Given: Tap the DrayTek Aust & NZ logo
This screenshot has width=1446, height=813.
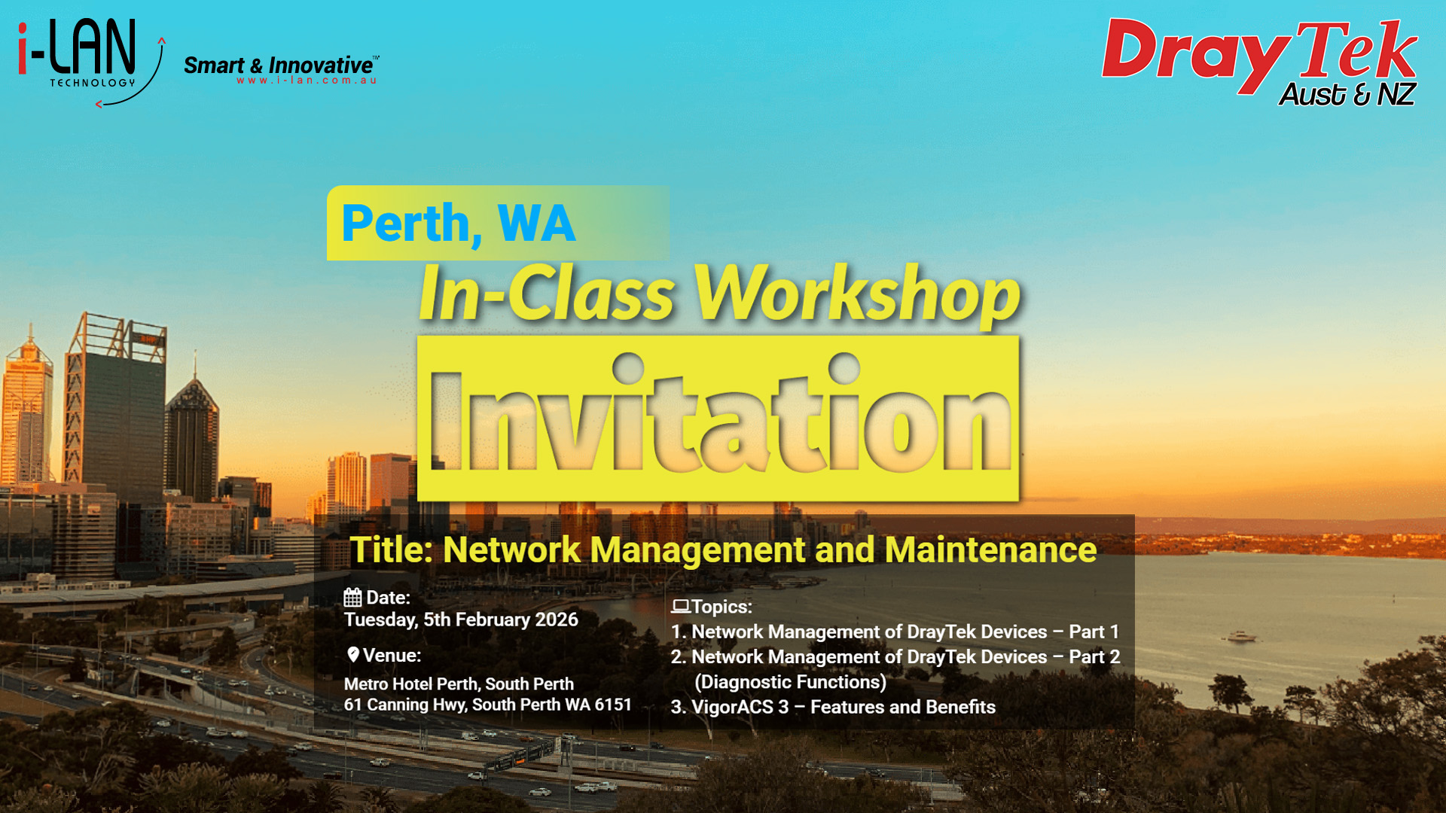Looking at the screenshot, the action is click(1260, 62).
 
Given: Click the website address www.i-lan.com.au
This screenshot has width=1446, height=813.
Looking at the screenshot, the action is click(307, 81).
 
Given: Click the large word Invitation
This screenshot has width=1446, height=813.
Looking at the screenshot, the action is click(721, 413).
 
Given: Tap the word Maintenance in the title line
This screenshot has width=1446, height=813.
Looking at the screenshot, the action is click(990, 550).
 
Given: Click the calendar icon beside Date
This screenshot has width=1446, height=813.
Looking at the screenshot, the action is click(352, 597).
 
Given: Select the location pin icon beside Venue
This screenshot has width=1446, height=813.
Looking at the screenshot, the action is click(352, 654).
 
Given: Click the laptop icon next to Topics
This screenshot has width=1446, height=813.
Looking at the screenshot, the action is click(680, 606).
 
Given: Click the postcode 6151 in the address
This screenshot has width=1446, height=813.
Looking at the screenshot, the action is click(613, 705).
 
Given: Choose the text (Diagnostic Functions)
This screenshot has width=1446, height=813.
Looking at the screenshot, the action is click(790, 682).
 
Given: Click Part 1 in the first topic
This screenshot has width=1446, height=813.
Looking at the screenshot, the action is click(1094, 632).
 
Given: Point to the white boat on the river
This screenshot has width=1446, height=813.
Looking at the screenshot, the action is click(1241, 637).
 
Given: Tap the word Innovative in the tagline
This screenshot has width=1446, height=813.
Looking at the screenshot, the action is click(321, 65).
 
